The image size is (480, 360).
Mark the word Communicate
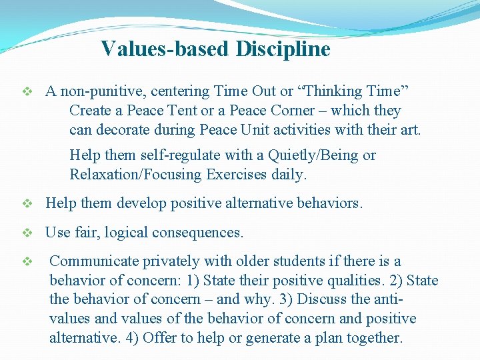point(93,261)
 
